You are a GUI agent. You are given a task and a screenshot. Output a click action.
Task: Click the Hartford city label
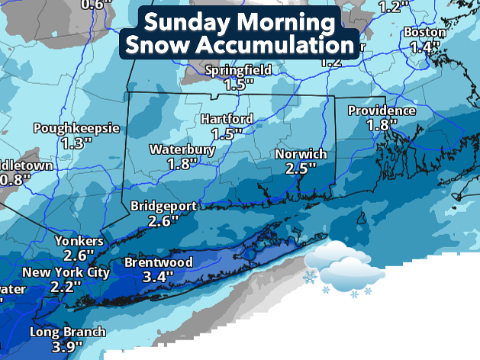point(227,120)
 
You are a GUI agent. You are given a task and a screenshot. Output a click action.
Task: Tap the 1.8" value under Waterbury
point(182,163)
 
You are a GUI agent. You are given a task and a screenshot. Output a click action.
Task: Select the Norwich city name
point(301,154)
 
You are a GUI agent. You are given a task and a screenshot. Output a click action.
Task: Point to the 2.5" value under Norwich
point(295,169)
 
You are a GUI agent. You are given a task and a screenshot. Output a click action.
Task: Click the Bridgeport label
point(164,206)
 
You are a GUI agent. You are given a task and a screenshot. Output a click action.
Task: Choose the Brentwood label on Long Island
point(158,263)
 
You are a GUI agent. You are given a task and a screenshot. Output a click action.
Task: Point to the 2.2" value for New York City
point(66,288)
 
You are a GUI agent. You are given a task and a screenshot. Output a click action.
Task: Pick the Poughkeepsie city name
point(76,128)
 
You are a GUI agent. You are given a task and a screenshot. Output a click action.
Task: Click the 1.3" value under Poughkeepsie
point(76,143)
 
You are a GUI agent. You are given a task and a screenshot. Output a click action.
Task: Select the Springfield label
point(240,70)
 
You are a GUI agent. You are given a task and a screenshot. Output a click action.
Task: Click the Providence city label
point(382,111)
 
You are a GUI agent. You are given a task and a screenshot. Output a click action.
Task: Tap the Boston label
point(424,32)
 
